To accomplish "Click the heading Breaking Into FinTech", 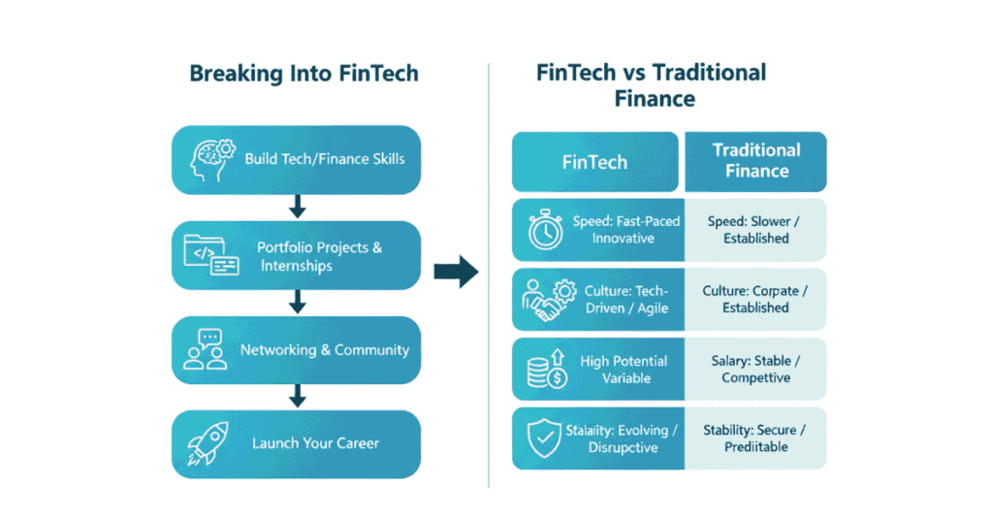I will [x=304, y=74].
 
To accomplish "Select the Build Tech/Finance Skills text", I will [x=325, y=159].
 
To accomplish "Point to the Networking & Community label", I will [x=325, y=350].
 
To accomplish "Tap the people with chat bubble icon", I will [x=205, y=350].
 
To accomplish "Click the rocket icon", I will [x=207, y=443].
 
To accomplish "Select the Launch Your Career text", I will [x=315, y=443].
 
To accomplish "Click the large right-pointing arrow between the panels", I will [x=456, y=274].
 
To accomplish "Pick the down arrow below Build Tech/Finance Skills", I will [x=298, y=207].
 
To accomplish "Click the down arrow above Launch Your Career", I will [x=298, y=396].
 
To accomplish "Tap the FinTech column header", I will [x=594, y=162].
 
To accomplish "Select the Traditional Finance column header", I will [x=756, y=161].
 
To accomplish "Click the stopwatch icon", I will [x=546, y=231].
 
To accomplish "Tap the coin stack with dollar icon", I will [x=544, y=370].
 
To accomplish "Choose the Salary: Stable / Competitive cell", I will [x=755, y=370].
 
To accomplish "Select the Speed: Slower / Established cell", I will [x=755, y=230].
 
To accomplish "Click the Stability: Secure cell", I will [x=755, y=439].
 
